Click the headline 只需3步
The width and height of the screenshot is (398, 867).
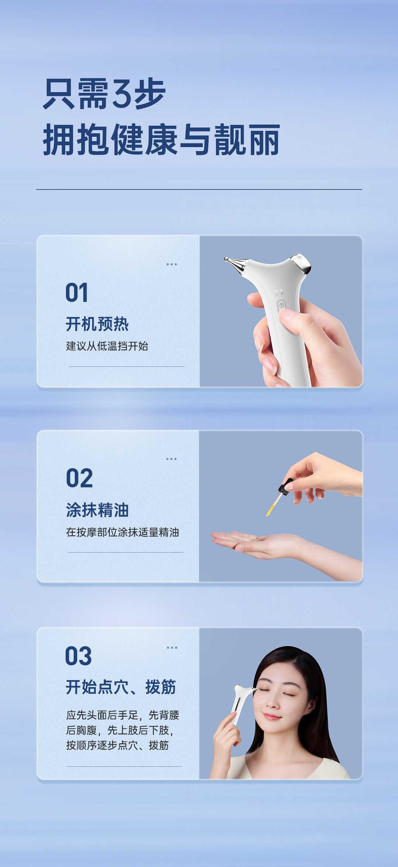[x=104, y=94]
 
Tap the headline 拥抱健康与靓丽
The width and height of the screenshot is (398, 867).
[x=161, y=140]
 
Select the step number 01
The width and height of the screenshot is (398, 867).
[x=77, y=293]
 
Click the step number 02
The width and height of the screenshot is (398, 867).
[x=79, y=478]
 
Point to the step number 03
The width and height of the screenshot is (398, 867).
[x=78, y=656]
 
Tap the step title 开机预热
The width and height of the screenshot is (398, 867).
[x=97, y=324]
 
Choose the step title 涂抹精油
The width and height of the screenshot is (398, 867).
[x=97, y=510]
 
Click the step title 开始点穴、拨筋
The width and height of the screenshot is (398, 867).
[x=121, y=687]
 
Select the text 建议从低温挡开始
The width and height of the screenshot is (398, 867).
[x=107, y=346]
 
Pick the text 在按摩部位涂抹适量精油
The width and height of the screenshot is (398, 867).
[x=122, y=532]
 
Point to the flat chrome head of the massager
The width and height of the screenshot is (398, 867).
[x=303, y=262]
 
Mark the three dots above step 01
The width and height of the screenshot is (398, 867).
[x=171, y=264]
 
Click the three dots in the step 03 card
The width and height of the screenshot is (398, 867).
[x=172, y=647]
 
